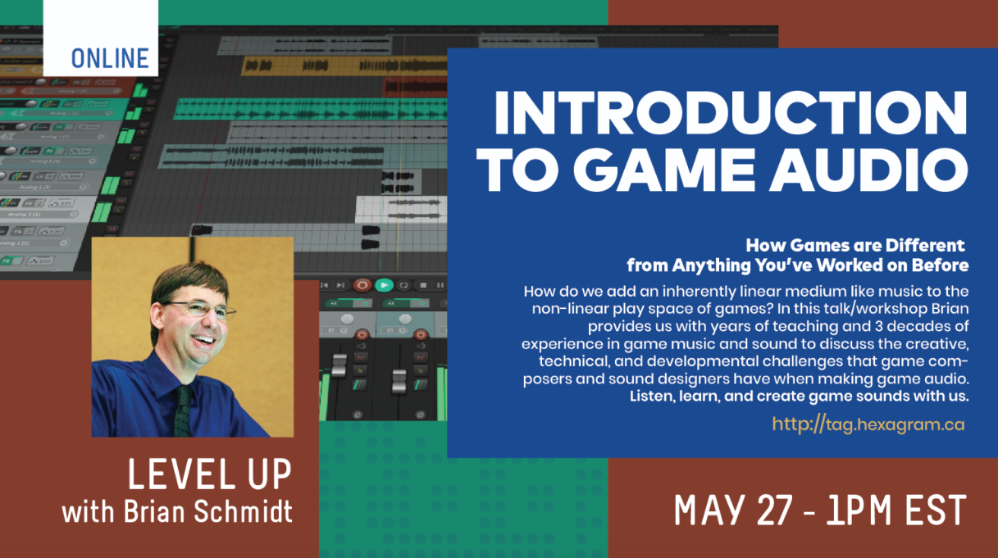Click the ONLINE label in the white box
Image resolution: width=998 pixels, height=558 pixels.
tap(110, 58)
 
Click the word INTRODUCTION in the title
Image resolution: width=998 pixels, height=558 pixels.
tap(730, 114)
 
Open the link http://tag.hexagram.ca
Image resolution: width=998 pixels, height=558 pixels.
tap(868, 424)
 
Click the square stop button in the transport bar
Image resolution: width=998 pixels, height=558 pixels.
tap(423, 285)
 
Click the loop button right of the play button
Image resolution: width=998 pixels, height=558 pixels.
tap(403, 285)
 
